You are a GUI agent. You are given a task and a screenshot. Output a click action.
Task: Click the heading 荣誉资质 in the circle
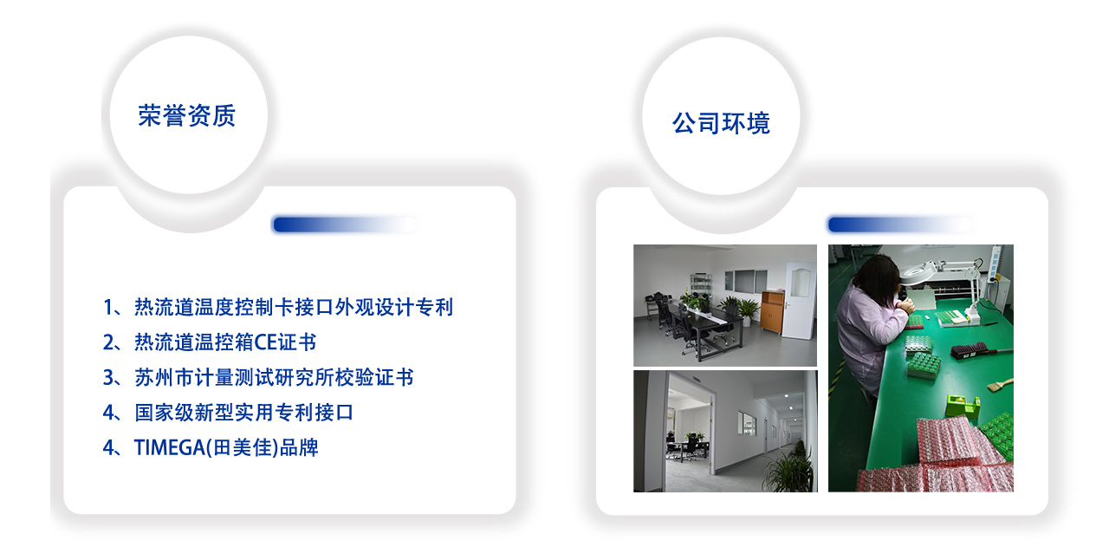[186, 116]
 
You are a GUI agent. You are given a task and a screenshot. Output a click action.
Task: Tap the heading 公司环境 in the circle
[721, 123]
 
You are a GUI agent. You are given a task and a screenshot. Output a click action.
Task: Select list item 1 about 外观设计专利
[278, 307]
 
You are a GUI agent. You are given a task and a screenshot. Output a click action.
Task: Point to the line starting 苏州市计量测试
[258, 378]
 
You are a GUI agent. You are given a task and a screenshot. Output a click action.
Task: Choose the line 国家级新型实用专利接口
[228, 413]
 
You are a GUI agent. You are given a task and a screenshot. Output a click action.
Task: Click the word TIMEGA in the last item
[170, 448]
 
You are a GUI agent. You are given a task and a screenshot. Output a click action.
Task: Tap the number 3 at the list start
[108, 378]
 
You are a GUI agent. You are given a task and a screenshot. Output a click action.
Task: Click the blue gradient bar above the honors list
[345, 225]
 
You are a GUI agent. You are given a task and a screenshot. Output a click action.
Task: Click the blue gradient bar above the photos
[899, 225]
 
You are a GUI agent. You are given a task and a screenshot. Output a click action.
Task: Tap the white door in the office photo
[799, 300]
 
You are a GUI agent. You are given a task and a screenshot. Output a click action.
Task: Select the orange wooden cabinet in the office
[772, 310]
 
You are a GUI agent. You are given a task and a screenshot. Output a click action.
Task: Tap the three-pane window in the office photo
[746, 282]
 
